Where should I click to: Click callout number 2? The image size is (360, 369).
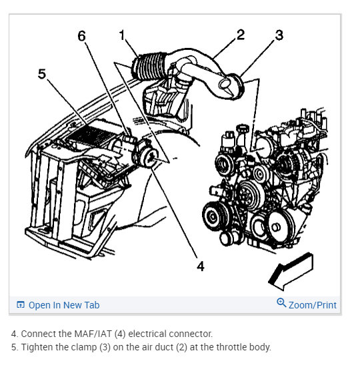point(240,35)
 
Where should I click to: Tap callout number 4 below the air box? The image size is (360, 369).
point(199,266)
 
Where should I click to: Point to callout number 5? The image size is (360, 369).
point(42,74)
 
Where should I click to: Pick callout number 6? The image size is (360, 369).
point(82,36)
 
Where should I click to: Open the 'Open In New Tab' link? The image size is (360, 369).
point(63,305)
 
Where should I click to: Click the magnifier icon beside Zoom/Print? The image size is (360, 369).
point(281,304)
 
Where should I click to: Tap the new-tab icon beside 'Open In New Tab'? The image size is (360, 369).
point(21,305)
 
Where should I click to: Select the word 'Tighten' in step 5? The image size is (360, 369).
point(37,347)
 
